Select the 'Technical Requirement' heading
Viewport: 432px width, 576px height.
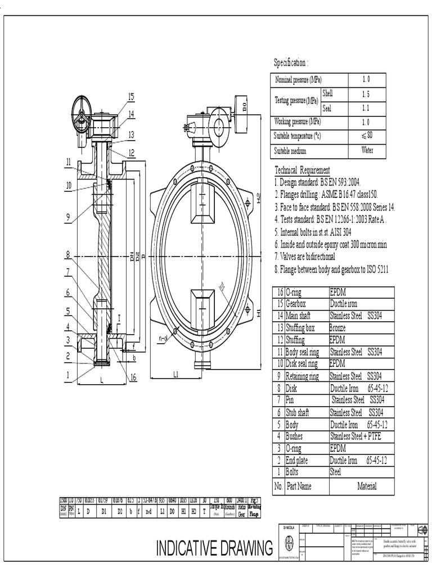302,170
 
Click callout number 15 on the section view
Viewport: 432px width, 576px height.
130,97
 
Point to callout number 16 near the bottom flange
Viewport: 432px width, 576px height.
133,377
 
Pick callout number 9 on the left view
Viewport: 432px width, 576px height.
67,217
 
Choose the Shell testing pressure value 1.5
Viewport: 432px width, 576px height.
366,94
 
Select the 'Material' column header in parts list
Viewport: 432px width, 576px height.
367,486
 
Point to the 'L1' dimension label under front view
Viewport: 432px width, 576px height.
176,375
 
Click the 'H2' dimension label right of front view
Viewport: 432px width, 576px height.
259,198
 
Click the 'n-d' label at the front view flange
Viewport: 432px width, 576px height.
164,339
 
